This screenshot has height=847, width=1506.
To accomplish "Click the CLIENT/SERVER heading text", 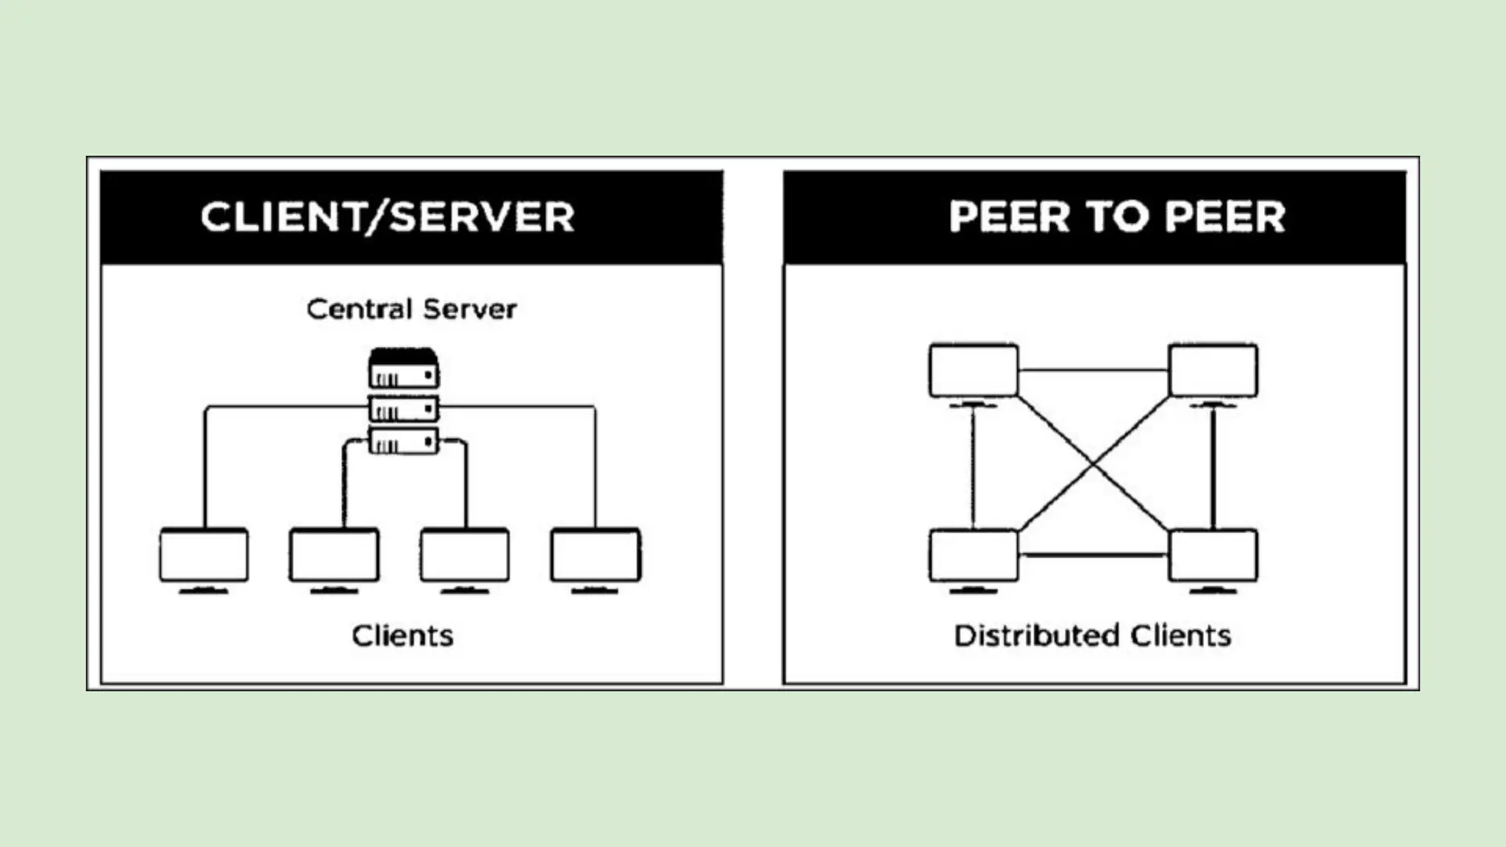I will point(388,217).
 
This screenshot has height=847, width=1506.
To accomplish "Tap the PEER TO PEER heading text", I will point(1116,217).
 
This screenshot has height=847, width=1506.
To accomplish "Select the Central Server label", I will point(411,309).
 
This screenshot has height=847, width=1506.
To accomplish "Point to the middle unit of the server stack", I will point(404,409).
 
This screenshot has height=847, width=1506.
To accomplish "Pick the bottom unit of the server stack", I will point(404,441).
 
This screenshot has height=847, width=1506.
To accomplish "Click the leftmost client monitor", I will point(204,555).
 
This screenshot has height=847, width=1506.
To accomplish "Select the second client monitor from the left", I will point(335,555).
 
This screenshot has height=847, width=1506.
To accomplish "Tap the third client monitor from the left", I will point(465,555).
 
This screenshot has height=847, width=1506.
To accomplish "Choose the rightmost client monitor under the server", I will point(596,555).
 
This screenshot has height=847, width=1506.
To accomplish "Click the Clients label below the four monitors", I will point(402,636).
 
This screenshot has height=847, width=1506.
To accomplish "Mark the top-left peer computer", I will point(974,371).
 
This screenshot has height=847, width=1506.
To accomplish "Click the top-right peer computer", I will point(1213,371).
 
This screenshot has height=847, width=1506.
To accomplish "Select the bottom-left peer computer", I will point(974,556).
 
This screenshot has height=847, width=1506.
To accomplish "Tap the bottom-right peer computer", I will point(1213,556).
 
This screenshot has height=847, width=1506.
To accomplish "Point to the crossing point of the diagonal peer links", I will point(1093,464).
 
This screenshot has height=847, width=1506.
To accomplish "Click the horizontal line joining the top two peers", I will point(1093,371).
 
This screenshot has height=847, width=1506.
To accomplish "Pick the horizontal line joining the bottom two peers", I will point(1093,556).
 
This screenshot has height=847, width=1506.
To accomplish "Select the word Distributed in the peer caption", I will point(1036,636).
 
